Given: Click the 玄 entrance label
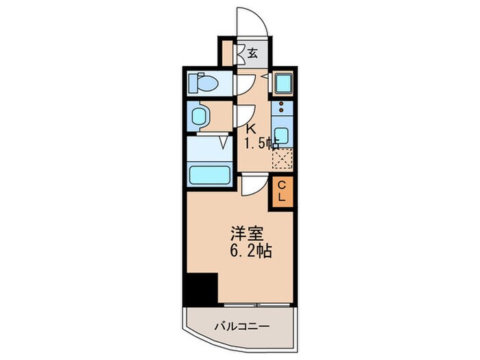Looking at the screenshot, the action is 252,53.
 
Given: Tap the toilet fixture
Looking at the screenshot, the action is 204,83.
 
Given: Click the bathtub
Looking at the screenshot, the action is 210,176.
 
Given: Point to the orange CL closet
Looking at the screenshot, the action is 281,191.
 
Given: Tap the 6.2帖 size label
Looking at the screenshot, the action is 250,251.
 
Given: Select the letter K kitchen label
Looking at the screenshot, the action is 251,129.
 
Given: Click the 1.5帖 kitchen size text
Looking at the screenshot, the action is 261,143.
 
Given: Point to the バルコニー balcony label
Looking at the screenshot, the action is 242,326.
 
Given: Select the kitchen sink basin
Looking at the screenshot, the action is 281,134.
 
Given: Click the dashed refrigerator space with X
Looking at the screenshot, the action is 282,158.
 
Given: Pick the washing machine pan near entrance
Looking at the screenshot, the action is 283,83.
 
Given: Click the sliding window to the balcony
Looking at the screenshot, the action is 256,305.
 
